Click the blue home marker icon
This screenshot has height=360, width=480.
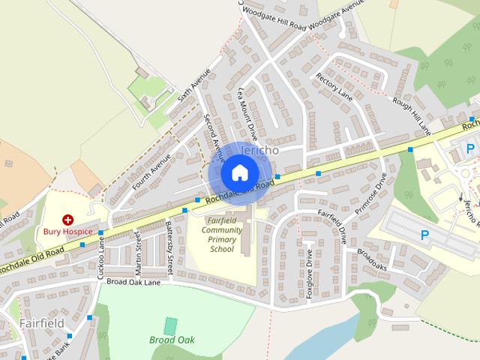[238, 172]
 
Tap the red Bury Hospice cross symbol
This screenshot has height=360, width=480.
[68, 220]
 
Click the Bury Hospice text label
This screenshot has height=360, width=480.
[67, 232]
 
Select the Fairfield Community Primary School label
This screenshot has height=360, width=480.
[222, 233]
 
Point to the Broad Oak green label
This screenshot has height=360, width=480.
[171, 340]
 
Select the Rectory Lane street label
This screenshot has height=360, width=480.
[334, 88]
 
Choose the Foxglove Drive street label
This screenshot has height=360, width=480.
[309, 273]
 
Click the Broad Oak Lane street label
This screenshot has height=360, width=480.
[133, 282]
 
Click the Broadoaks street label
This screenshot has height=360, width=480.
[372, 259]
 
